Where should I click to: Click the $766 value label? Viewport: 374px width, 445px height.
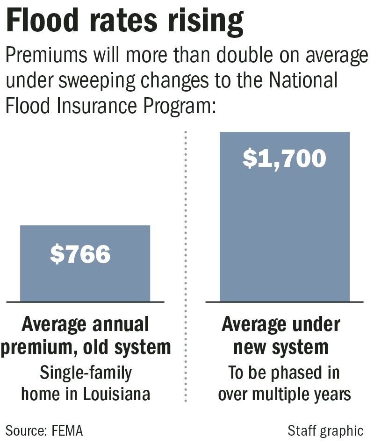[80, 254]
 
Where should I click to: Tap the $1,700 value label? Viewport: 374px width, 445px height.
[284, 158]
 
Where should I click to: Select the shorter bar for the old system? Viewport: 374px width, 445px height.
[85, 280]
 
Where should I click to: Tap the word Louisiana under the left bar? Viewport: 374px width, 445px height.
[117, 394]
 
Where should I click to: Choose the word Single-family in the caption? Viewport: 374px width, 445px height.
[86, 373]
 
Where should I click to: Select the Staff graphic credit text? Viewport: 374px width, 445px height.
[325, 430]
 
